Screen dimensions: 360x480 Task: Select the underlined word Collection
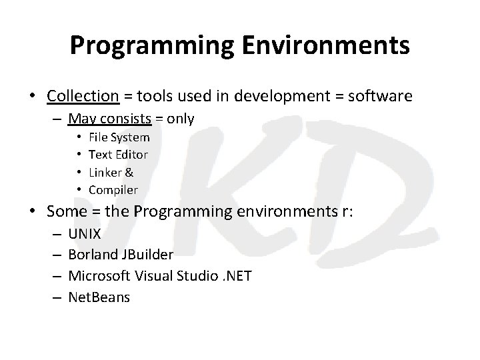[83, 96]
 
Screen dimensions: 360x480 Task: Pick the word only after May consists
[181, 119]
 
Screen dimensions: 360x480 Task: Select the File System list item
[119, 137]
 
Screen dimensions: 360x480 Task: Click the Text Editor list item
[119, 155]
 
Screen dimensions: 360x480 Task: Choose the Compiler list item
[113, 190]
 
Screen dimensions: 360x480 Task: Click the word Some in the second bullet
[65, 212]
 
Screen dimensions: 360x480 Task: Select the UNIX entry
[85, 235]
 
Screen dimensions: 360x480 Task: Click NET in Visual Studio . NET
[239, 276]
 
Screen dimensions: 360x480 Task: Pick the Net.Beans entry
[100, 297]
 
